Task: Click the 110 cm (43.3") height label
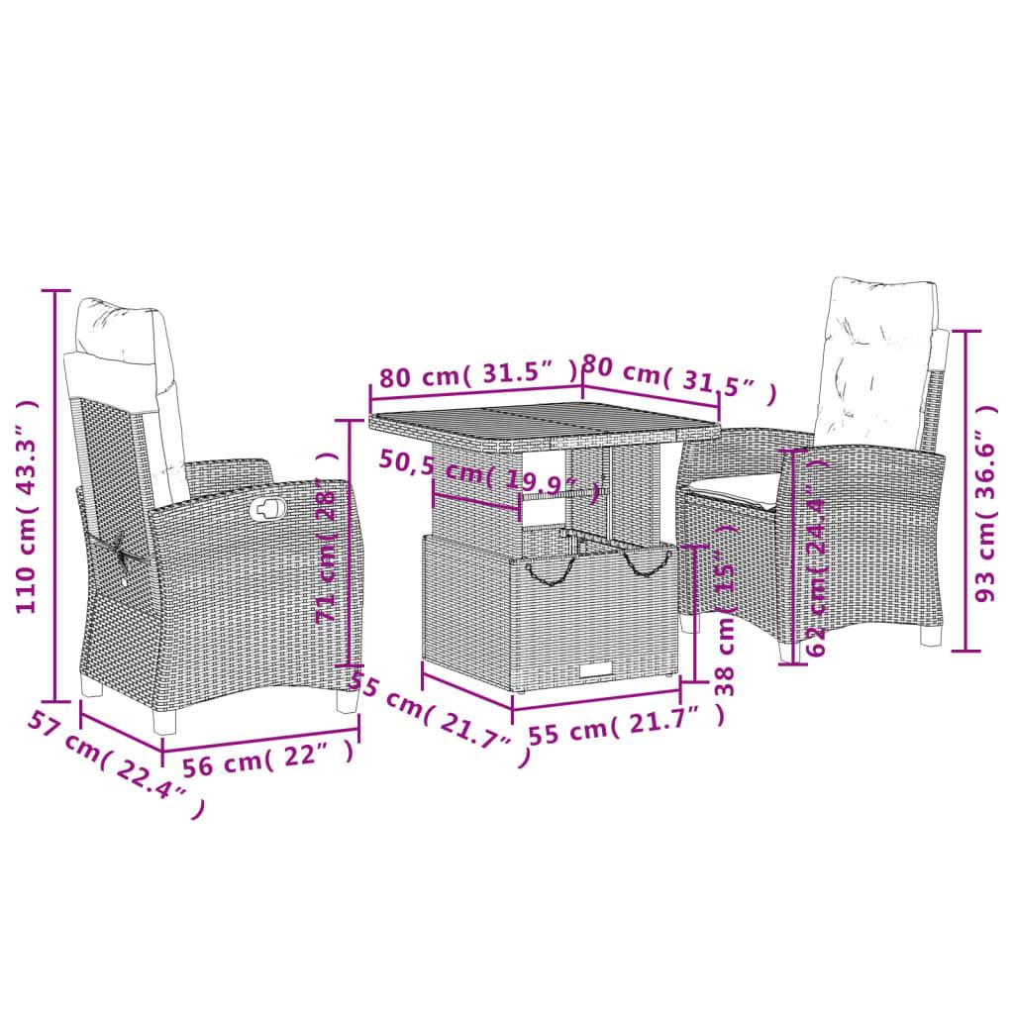point(30,506)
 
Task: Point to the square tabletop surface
point(545,424)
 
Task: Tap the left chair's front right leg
point(346,699)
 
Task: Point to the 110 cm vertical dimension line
point(56,495)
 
